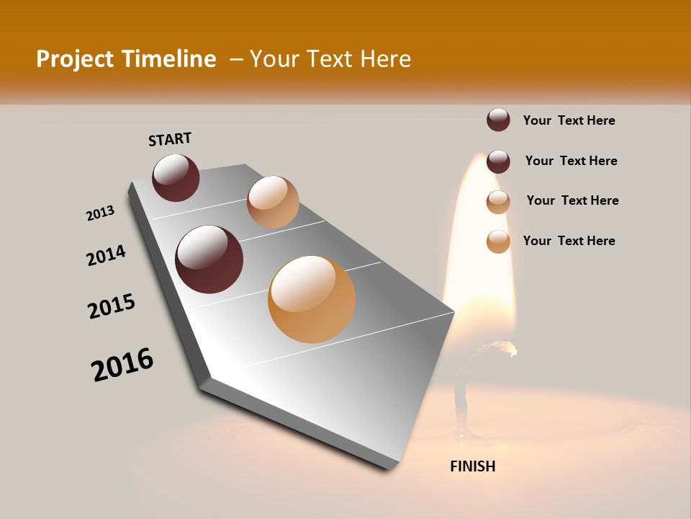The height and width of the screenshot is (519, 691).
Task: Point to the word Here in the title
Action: point(385,59)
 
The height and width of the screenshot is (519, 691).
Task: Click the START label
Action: point(170,138)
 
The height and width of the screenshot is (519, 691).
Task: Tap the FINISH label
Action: point(472,466)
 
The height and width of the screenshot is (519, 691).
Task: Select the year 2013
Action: point(100,213)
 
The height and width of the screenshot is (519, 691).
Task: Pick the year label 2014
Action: point(106,255)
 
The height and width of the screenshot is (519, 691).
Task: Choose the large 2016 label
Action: point(122,364)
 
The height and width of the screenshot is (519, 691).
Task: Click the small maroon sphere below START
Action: point(176,177)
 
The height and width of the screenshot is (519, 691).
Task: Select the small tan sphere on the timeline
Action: point(273,202)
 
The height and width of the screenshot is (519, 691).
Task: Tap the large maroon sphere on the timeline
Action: point(209,259)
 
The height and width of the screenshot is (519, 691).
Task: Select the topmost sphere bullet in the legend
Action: point(498,120)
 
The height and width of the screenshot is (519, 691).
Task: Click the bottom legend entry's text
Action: point(569,241)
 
